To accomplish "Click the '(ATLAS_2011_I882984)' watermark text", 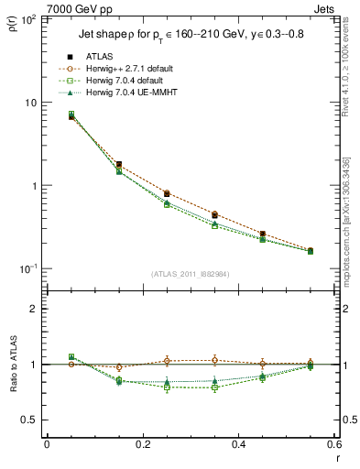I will pos(190,274).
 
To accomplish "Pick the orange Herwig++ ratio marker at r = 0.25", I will pos(167,361).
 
